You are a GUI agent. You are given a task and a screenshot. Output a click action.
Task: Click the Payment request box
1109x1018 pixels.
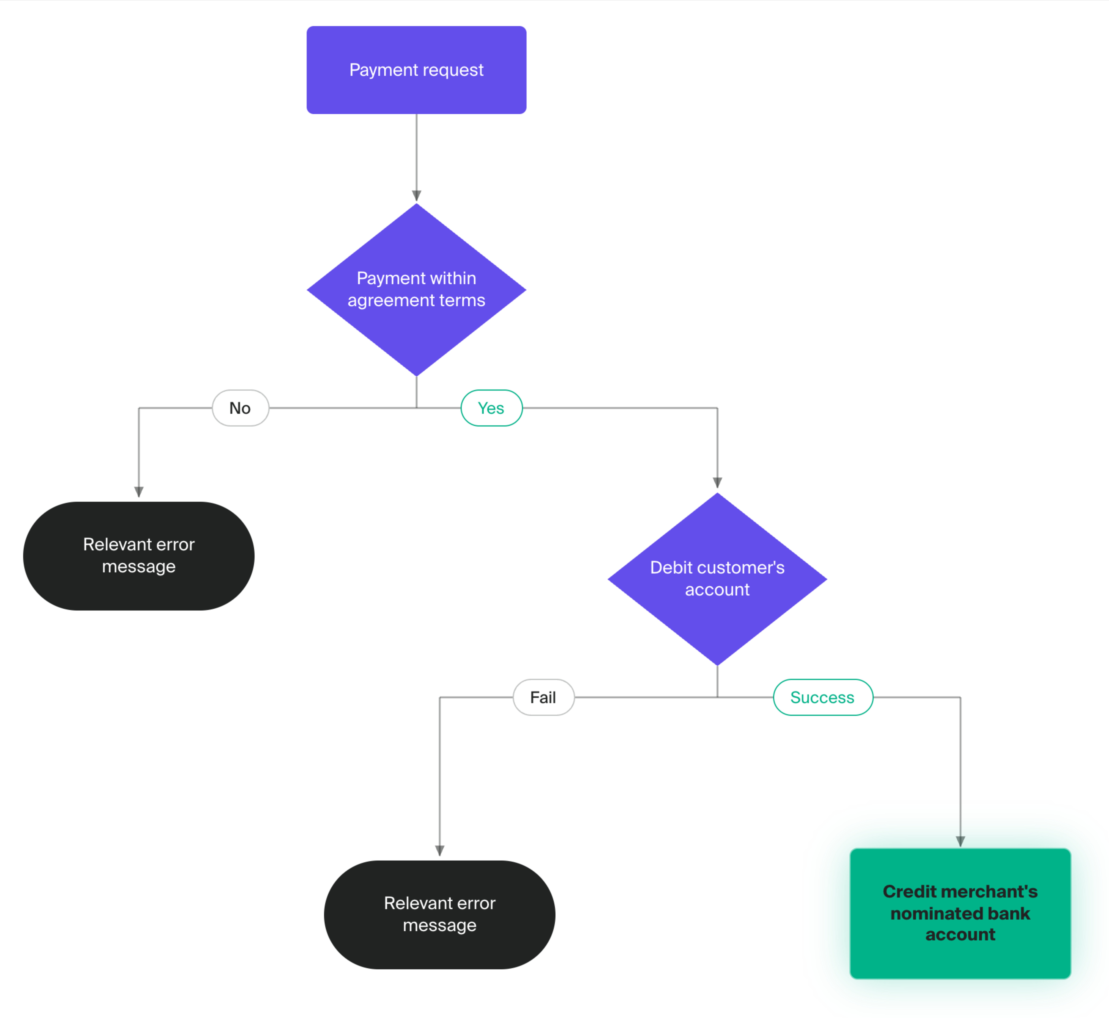pyautogui.click(x=417, y=70)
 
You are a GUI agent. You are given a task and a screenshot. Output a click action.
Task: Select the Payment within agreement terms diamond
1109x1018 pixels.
pyautogui.click(x=417, y=290)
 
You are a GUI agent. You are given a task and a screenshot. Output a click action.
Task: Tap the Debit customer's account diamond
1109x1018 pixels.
pyautogui.click(x=717, y=579)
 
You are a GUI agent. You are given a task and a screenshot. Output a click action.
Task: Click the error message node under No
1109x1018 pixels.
pyautogui.click(x=139, y=556)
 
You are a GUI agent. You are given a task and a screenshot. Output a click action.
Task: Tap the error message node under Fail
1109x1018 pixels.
pyautogui.click(x=440, y=915)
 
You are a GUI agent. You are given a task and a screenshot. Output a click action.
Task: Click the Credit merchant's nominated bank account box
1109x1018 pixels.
pyautogui.click(x=960, y=913)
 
